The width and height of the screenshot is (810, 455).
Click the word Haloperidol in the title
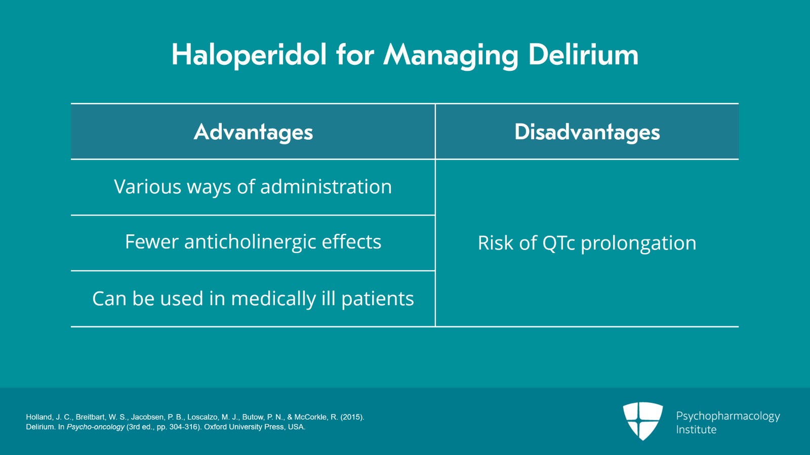pyautogui.click(x=249, y=55)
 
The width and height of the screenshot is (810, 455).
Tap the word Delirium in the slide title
pyautogui.click(x=583, y=55)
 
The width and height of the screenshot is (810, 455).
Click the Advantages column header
pyautogui.click(x=253, y=132)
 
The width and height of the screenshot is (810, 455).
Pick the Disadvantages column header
pyautogui.click(x=587, y=132)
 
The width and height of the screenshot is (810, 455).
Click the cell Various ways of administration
pyautogui.click(x=253, y=187)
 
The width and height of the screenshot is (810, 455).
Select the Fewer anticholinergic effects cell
pyautogui.click(x=253, y=242)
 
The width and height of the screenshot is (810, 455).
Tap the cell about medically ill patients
pyautogui.click(x=253, y=299)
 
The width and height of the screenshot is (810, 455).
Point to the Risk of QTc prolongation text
pyautogui.click(x=587, y=243)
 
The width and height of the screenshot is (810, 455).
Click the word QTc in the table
pyautogui.click(x=558, y=243)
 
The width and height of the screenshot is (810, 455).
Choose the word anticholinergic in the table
pyautogui.click(x=250, y=242)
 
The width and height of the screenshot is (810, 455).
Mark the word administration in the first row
pyautogui.click(x=326, y=187)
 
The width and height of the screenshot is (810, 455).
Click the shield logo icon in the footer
pyautogui.click(x=642, y=421)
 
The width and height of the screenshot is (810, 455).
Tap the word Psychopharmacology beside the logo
pyautogui.click(x=727, y=416)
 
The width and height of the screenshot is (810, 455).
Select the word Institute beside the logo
pyautogui.click(x=696, y=430)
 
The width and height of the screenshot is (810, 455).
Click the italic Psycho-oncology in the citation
pyautogui.click(x=95, y=427)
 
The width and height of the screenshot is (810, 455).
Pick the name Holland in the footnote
pyautogui.click(x=39, y=417)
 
